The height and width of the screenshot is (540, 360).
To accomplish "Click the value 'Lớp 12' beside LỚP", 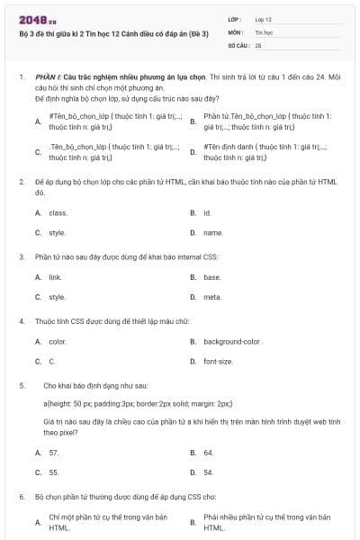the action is (264, 19).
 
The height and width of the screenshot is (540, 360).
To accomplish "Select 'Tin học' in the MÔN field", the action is (263, 31).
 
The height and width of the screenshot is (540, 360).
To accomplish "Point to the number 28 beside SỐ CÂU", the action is (258, 44).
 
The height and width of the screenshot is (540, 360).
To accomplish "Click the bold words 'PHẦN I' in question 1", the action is (47, 78).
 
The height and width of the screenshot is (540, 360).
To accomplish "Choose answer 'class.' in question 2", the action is (58, 213).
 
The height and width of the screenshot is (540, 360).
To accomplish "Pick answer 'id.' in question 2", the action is (207, 213).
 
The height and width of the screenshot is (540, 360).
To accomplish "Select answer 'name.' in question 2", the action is (212, 232).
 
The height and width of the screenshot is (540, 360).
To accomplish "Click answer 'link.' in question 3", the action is (56, 277).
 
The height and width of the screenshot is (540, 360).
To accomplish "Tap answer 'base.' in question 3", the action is (212, 277).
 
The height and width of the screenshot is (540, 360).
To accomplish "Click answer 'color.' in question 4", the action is (58, 342).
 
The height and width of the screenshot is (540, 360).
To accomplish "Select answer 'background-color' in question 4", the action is (232, 342).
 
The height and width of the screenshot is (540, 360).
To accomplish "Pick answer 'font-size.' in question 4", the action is (218, 362).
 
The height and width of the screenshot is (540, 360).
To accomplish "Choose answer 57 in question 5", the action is (54, 453).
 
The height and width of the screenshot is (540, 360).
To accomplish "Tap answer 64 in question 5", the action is (209, 453).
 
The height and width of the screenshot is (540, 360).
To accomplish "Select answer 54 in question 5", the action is (209, 472).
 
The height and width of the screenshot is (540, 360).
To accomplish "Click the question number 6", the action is (21, 497).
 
